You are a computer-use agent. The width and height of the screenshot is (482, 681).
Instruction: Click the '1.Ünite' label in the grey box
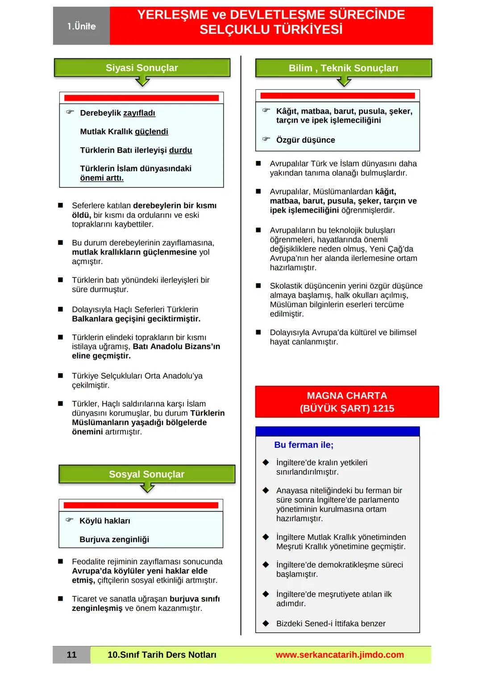coord(81,26)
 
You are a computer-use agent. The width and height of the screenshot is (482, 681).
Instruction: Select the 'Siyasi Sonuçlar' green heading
coord(141,68)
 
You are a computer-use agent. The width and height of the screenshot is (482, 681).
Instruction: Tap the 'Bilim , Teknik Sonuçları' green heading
coord(343,68)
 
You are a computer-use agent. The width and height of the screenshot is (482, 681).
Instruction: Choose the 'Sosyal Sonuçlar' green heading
coord(146,474)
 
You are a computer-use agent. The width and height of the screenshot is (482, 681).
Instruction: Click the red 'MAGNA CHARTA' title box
coord(347,402)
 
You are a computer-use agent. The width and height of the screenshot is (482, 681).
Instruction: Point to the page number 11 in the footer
coord(71,655)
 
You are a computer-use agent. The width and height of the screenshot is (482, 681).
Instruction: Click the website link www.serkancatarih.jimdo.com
coord(340,655)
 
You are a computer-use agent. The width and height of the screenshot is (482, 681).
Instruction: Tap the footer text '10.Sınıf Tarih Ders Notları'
coord(162,655)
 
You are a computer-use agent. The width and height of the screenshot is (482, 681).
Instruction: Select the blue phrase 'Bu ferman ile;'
coord(303,445)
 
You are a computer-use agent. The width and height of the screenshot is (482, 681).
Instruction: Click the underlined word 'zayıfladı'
coord(139,113)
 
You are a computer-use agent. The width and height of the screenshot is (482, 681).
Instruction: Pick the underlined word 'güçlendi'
coord(151,132)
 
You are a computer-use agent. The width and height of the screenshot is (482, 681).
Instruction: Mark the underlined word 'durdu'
coord(180,150)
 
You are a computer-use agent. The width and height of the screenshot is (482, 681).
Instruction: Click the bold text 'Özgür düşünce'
coord(305,140)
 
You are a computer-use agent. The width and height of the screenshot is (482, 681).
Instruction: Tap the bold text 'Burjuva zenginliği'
coord(114,540)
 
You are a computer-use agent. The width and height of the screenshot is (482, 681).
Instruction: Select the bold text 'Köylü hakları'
coord(105,521)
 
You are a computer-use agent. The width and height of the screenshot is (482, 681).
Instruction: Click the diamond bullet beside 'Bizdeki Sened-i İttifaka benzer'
coord(266,623)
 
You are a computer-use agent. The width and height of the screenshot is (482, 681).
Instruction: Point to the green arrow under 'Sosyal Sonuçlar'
coord(147,488)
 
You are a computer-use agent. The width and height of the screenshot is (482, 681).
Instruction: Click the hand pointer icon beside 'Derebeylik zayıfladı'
coord(70,112)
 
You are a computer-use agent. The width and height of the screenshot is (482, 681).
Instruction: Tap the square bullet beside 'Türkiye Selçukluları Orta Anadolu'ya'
coord(61,376)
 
